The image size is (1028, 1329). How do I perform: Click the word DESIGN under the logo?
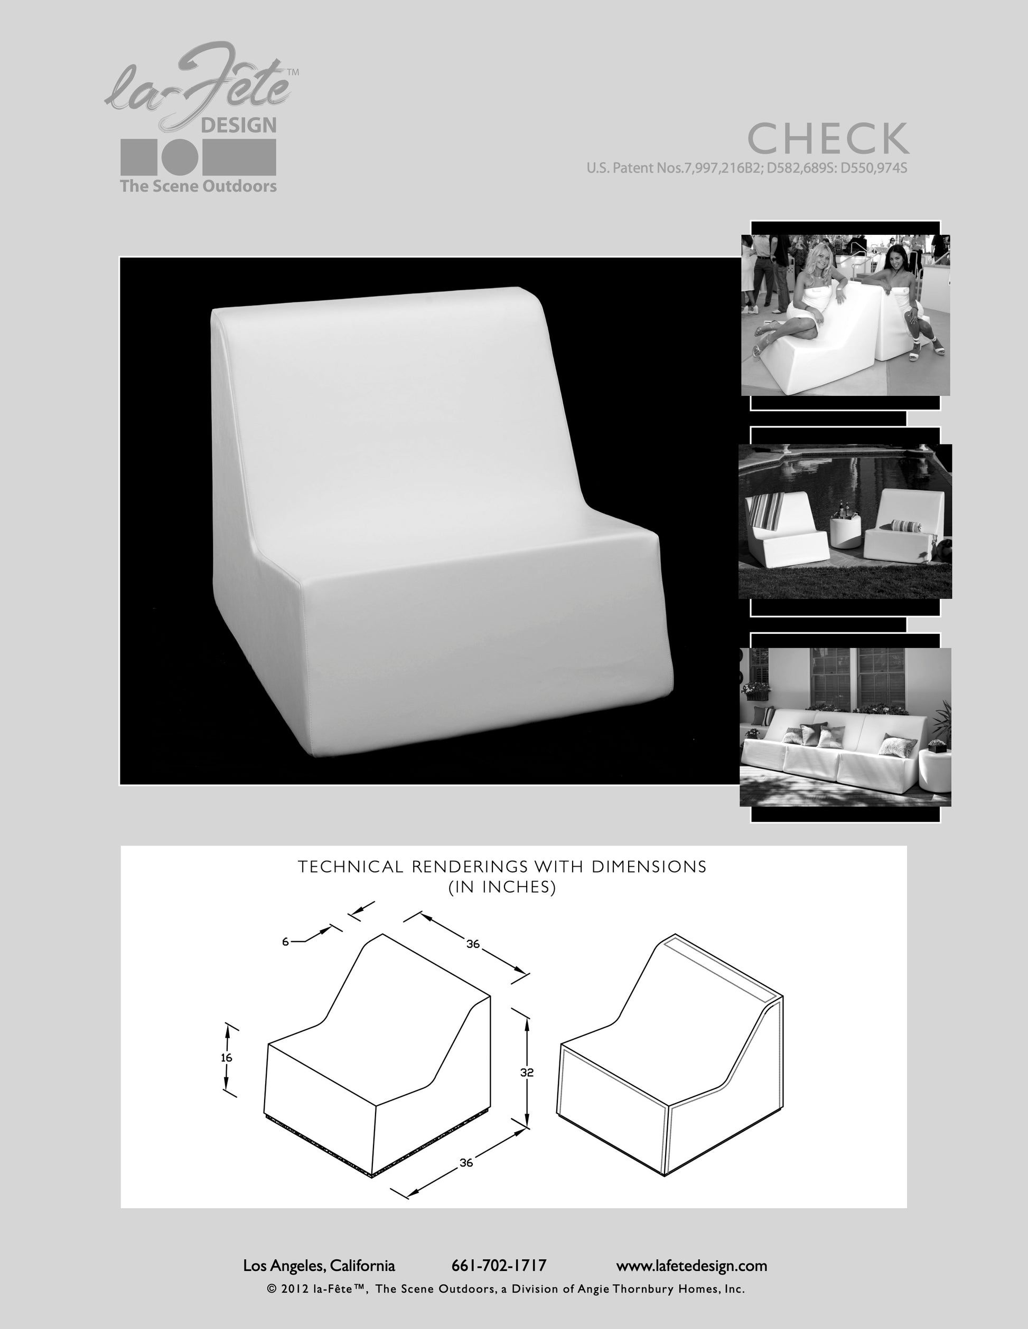[239, 126]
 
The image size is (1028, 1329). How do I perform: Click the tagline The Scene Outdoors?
[198, 186]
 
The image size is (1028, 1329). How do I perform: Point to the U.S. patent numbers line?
[746, 168]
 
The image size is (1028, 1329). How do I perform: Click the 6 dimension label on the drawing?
[285, 942]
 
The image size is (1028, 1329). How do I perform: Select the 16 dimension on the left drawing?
[227, 1058]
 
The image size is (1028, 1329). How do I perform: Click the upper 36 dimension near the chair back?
[473, 944]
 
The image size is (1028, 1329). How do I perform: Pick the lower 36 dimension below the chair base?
[466, 1162]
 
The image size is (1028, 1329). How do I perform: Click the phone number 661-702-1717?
[499, 1266]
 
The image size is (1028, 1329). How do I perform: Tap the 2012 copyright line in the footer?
[506, 1289]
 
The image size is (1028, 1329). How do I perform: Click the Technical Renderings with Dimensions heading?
[502, 866]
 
